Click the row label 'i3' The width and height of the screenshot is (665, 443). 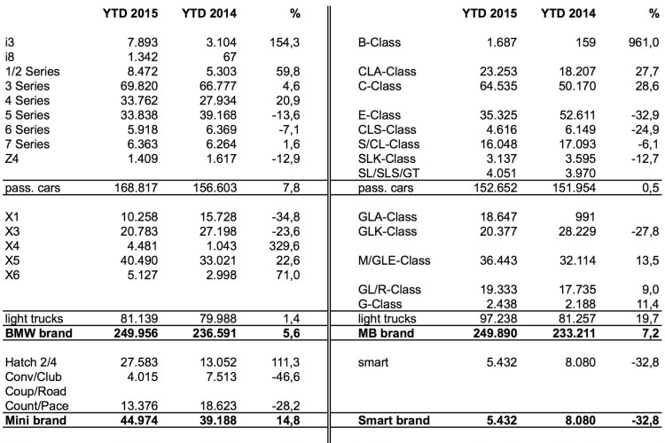(x=10, y=43)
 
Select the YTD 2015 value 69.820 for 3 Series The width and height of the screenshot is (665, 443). (x=138, y=86)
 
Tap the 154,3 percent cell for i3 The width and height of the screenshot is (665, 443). (x=284, y=43)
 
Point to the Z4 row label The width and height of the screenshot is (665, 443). (x=12, y=159)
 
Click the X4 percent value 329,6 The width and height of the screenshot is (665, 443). (x=284, y=246)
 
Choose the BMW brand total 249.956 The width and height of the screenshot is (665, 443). (x=136, y=333)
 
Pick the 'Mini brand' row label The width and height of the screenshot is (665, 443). (x=35, y=421)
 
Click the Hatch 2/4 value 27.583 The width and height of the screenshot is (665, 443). (x=138, y=362)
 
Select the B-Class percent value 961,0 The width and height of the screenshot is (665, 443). (x=644, y=43)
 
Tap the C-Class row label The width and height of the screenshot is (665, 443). (x=379, y=86)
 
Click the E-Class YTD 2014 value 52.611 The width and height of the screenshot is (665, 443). (x=577, y=115)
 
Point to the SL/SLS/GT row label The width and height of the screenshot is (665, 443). (x=388, y=174)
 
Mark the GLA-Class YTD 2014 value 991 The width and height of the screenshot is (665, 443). (x=585, y=217)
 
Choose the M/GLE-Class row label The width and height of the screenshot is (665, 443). (x=394, y=260)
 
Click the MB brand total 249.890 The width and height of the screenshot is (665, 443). (x=495, y=333)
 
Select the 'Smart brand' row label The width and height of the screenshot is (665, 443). (x=394, y=421)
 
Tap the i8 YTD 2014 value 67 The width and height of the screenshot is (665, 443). (x=230, y=57)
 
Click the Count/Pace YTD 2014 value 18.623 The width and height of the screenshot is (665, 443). (x=218, y=406)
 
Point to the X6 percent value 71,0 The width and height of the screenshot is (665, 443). (x=288, y=276)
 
